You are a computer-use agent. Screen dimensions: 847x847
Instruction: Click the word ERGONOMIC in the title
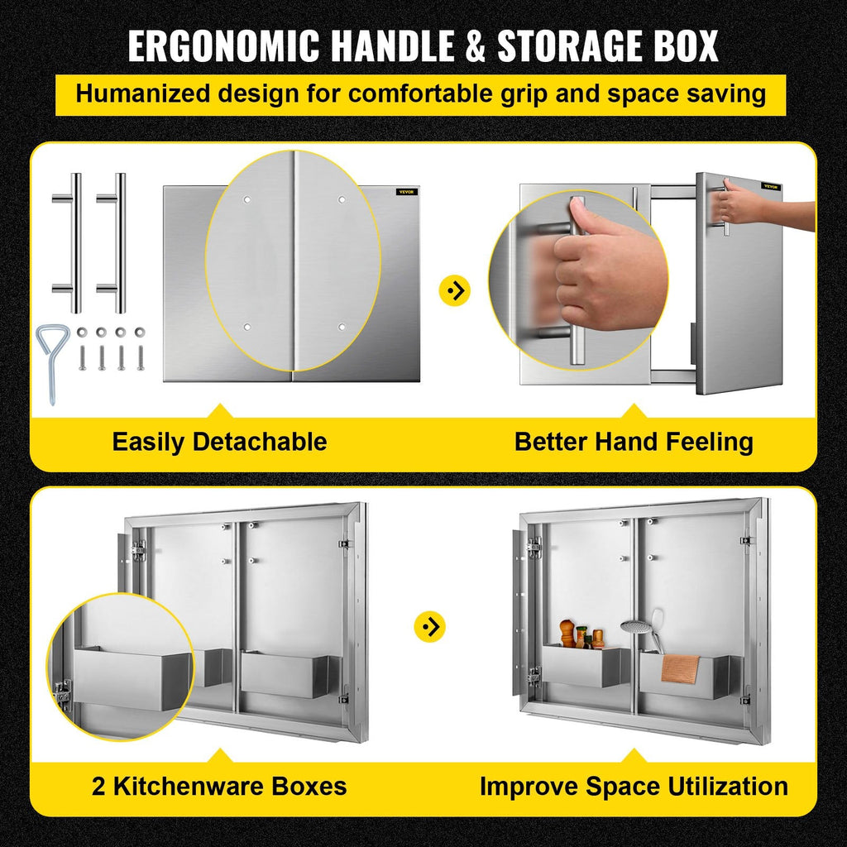tap(223, 45)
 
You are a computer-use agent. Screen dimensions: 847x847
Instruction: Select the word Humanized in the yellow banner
tap(142, 93)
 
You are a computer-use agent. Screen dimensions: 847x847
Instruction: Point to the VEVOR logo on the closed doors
tap(406, 192)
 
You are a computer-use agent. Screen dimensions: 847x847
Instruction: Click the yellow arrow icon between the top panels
tap(455, 290)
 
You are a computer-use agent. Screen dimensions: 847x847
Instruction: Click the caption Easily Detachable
tap(219, 442)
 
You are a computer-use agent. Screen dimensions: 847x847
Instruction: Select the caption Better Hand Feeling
tap(634, 442)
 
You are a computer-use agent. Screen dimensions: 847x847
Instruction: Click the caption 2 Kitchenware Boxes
tap(219, 786)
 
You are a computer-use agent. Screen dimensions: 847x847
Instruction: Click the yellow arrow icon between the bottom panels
tap(430, 627)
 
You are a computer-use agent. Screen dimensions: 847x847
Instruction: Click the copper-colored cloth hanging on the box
tap(680, 669)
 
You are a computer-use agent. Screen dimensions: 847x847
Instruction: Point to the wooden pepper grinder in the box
tap(566, 633)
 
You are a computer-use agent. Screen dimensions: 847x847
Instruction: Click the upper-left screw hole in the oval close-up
tap(246, 200)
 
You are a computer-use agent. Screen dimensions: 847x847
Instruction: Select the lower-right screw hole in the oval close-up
tap(342, 327)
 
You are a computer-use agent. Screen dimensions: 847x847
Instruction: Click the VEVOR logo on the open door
tap(771, 186)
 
